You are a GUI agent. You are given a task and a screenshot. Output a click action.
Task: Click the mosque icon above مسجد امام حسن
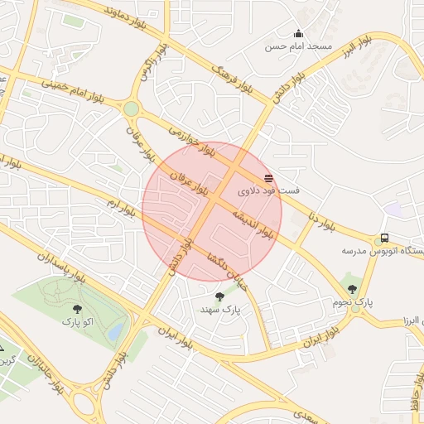click(x=298, y=34)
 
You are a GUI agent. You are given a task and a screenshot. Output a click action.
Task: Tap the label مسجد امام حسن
click(x=298, y=46)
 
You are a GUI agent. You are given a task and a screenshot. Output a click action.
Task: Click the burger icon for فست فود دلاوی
click(x=268, y=178)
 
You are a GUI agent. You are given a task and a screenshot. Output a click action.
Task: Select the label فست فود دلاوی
click(x=268, y=191)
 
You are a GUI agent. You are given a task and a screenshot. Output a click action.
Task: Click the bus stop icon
click(x=384, y=238)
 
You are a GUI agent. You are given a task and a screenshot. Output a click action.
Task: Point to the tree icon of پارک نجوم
click(x=353, y=289)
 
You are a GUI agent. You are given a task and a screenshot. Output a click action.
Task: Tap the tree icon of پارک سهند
click(x=219, y=296)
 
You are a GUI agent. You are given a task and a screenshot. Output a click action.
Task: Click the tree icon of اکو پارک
click(x=77, y=309)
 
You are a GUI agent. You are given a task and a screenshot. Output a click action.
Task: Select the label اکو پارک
click(x=77, y=320)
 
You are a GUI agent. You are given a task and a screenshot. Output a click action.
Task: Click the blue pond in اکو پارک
click(x=117, y=331)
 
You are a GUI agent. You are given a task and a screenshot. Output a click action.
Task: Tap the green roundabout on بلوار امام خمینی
click(x=131, y=108)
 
